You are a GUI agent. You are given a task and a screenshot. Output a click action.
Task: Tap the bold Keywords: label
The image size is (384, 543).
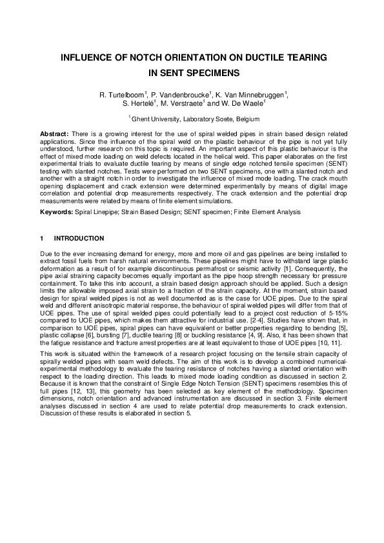(56, 212)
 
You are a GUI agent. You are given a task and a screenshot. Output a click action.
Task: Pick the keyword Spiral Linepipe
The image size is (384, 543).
(95, 212)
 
